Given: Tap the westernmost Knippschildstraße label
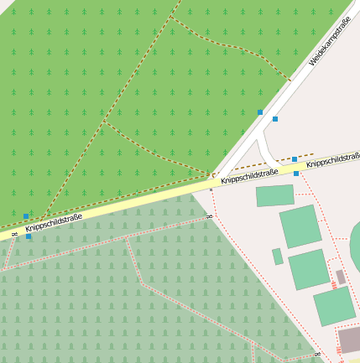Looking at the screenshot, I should point(53,222).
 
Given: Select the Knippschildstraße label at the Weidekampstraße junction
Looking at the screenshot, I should point(249,175).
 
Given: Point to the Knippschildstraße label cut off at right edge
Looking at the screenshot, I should point(333,159).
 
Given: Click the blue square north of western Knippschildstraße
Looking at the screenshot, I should point(26,216).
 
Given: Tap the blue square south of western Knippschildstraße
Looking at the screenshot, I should point(29,236).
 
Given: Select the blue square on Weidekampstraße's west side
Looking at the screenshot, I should point(260,112).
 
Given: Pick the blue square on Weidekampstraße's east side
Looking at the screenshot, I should point(275,119).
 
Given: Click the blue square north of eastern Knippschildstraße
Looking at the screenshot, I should point(295,158).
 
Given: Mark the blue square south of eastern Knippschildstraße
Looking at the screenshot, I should point(296,174).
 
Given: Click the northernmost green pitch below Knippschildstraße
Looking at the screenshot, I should point(275,195).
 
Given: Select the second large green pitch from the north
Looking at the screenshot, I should point(300,226).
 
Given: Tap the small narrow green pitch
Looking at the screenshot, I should point(278,257).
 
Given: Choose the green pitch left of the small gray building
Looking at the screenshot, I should point(310,269).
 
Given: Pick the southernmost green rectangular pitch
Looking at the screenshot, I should point(335,306).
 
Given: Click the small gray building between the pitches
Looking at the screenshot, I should point(341,277).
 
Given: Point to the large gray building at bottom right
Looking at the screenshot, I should point(350,340).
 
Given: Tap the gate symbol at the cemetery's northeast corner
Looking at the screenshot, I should point(209,216).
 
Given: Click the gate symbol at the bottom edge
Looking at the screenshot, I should point(318,356).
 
